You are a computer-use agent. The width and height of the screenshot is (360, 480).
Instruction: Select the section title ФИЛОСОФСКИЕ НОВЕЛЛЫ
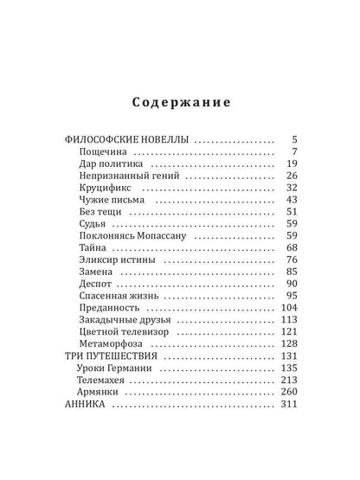pyautogui.click(x=128, y=140)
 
